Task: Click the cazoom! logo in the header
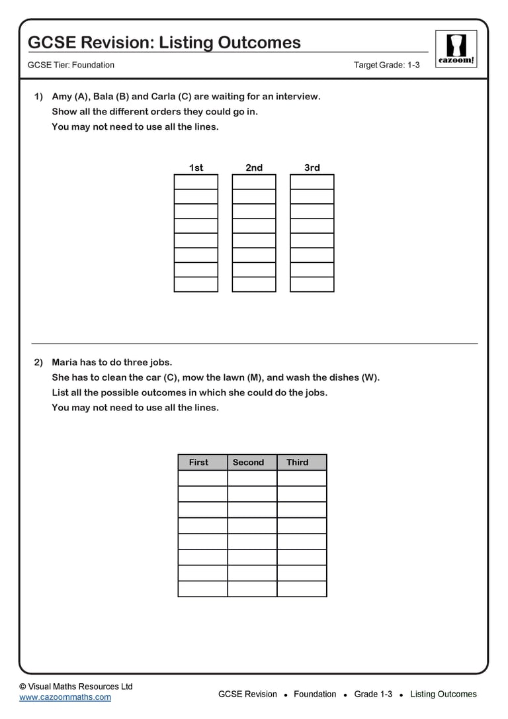click(456, 48)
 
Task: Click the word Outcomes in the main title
click(255, 42)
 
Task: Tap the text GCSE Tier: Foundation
click(71, 65)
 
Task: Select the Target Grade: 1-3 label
click(386, 65)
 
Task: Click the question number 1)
click(38, 97)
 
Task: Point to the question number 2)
click(38, 362)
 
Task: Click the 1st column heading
click(196, 168)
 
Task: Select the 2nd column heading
click(254, 168)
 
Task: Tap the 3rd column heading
click(312, 168)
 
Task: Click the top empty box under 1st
click(196, 182)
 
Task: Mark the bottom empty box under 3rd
click(312, 284)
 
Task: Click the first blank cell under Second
click(252, 478)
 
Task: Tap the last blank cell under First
click(202, 589)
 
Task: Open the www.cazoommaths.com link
click(65, 697)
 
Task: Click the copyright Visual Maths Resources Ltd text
click(75, 687)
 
